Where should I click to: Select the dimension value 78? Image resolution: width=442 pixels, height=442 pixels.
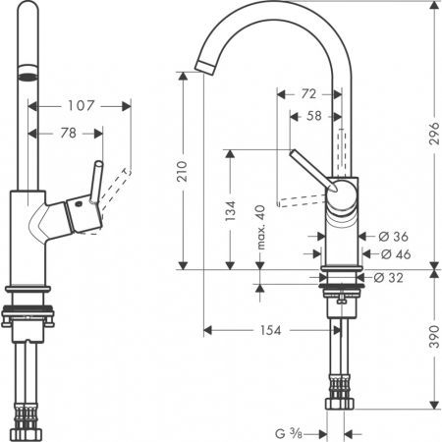[69, 133]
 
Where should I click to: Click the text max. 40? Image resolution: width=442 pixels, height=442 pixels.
[261, 227]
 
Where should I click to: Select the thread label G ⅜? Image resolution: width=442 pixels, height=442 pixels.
[288, 432]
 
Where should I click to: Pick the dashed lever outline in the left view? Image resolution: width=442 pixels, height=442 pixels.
[117, 185]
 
